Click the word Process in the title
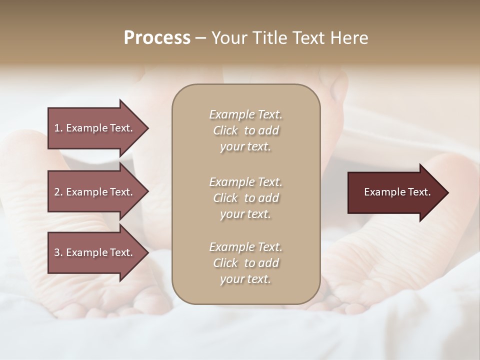pos(157,38)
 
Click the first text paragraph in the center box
pos(245,130)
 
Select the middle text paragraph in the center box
pos(245,198)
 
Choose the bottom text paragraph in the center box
pos(245,263)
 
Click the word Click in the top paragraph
pos(225,130)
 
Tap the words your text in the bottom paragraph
pos(245,279)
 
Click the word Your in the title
pos(228,38)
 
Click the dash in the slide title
pos(201,38)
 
